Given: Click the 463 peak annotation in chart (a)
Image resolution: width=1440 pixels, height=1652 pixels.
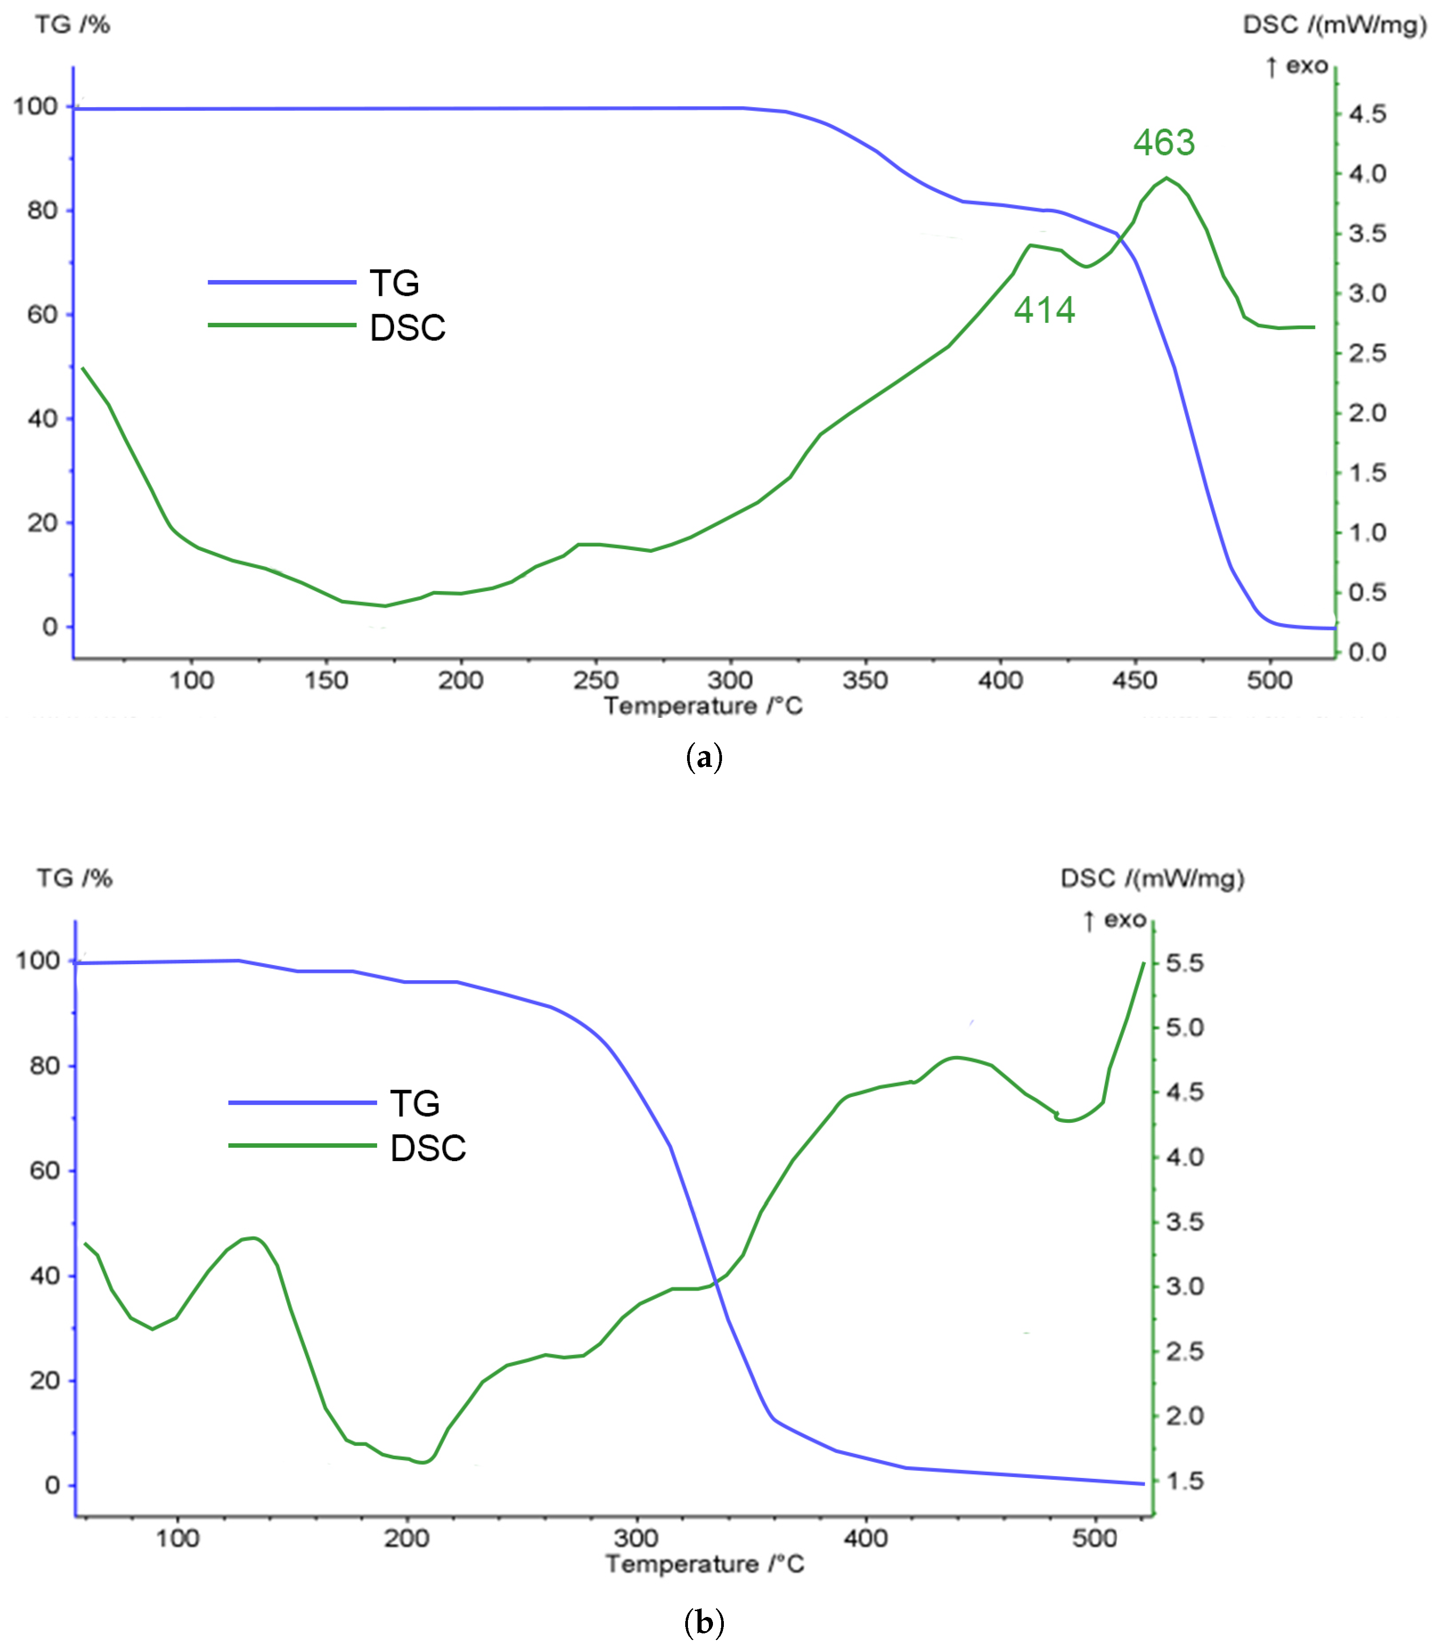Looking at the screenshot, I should pyautogui.click(x=1164, y=143).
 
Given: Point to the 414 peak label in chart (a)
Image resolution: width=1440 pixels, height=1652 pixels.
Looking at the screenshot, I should pyautogui.click(x=1044, y=310).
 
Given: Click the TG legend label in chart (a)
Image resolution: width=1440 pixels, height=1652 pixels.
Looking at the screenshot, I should pyautogui.click(x=394, y=283).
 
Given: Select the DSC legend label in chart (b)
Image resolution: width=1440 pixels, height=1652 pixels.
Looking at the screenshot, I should pyautogui.click(x=428, y=1148).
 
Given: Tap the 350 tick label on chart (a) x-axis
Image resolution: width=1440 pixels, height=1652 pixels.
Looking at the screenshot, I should pyautogui.click(x=865, y=681).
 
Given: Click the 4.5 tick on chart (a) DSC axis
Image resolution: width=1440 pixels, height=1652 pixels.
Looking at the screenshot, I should pyautogui.click(x=1367, y=114).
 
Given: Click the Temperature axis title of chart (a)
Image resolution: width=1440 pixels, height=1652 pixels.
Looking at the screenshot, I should pyautogui.click(x=703, y=706).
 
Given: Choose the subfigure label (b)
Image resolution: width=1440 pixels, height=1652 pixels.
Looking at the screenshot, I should pyautogui.click(x=704, y=1622).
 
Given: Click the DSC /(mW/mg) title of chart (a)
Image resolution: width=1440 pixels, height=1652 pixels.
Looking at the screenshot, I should pyautogui.click(x=1335, y=25).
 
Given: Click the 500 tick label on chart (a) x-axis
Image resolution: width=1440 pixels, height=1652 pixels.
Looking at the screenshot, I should pyautogui.click(x=1270, y=681).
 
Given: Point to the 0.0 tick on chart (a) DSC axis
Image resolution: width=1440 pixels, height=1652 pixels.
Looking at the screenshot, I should pyautogui.click(x=1367, y=652).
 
